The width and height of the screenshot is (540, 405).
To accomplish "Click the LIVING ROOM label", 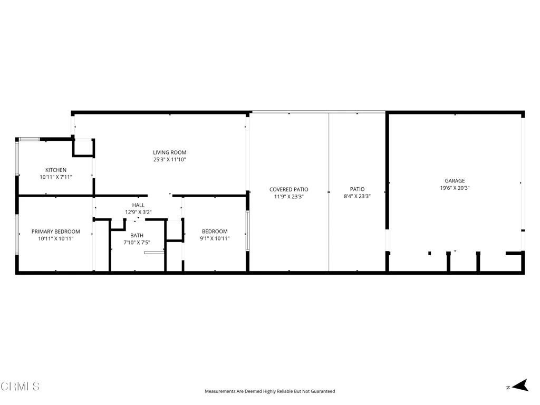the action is (169, 152).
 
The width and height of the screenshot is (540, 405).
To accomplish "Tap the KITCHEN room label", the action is (56, 170).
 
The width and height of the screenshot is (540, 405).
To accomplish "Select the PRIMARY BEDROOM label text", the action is (56, 232).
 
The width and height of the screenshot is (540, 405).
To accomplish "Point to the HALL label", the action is (138, 205).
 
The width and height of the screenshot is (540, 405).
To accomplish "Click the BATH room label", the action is (137, 235).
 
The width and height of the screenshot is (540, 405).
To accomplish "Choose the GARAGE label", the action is (455, 180).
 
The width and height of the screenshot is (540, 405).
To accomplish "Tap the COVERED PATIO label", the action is (288, 189).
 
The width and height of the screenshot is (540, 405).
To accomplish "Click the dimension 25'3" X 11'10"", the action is (169, 159).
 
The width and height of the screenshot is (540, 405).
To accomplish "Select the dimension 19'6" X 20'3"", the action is (455, 188).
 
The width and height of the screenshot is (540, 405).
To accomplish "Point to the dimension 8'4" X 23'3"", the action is (357, 196).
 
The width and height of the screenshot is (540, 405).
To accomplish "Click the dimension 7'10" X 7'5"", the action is (137, 243).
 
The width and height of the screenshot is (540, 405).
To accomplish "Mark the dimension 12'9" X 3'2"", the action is (138, 212).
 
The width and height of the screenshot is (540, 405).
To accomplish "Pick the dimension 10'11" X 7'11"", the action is (56, 177).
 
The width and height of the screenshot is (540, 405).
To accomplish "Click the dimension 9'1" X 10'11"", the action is (215, 238).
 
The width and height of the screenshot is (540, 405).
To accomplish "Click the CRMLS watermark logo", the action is (20, 387).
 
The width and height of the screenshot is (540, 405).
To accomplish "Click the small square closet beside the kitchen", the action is (83, 148).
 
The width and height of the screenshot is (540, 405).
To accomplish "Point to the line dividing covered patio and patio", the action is (329, 192).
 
